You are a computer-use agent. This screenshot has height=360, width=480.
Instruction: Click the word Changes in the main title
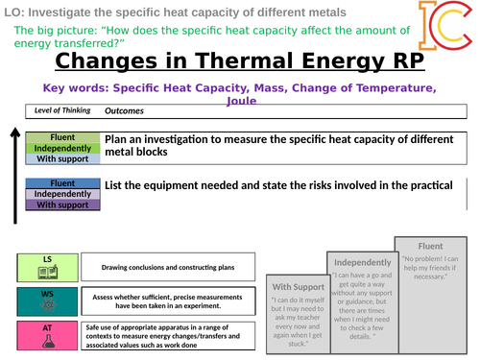pyautogui.click(x=113, y=60)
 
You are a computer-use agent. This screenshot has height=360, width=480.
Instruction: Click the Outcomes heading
pyautogui.click(x=124, y=110)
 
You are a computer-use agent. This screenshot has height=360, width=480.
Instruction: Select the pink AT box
pyautogui.click(x=47, y=334)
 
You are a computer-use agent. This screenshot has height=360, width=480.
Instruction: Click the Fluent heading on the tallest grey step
pyautogui.click(x=434, y=245)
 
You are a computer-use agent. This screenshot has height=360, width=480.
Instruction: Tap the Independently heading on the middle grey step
pyautogui.click(x=363, y=262)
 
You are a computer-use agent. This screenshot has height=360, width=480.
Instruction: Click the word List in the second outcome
pyautogui.click(x=117, y=184)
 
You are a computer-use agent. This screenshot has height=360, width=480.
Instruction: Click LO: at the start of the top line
pyautogui.click(x=13, y=12)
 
